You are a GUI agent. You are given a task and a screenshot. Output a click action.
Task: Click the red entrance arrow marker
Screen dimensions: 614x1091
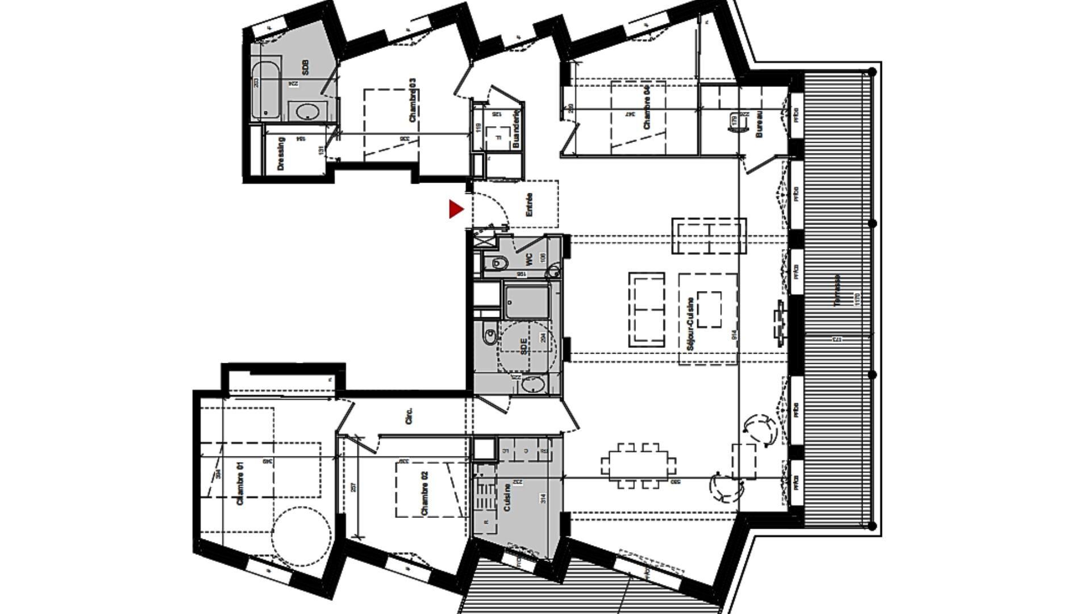[x=456, y=209]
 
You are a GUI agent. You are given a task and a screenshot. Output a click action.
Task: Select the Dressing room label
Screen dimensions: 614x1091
[x=280, y=154]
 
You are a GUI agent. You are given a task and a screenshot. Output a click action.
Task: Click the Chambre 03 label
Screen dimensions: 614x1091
[x=413, y=100]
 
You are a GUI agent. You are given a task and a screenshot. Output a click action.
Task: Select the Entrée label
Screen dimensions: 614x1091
[x=530, y=205]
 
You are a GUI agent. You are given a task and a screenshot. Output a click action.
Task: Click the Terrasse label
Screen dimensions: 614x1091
[x=838, y=291]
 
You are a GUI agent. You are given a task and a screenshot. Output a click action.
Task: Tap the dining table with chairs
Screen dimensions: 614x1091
[x=639, y=466]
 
